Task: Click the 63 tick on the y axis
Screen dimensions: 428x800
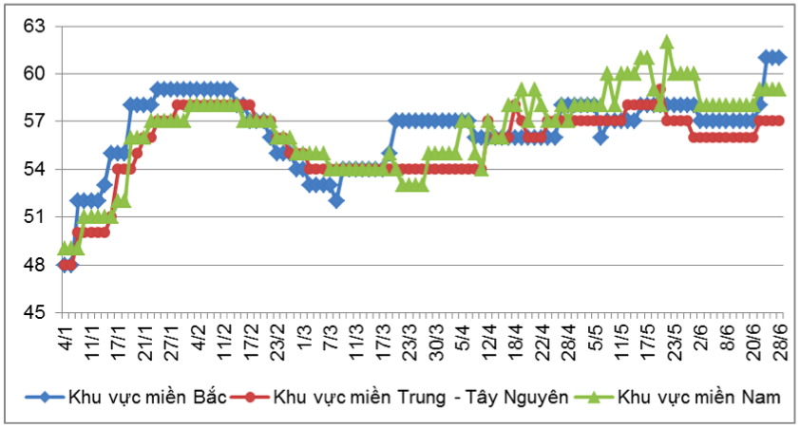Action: tap(34, 26)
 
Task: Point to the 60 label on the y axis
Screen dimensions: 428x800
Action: tap(34, 73)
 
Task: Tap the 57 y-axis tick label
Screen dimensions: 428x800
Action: tap(34, 121)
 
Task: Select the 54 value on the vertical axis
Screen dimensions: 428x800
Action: tap(34, 169)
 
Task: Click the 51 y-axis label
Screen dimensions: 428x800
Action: tap(34, 216)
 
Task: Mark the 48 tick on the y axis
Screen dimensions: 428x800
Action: tap(34, 264)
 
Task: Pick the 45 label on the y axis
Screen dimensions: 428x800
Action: tap(34, 311)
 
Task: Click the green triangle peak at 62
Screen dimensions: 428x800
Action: tap(667, 43)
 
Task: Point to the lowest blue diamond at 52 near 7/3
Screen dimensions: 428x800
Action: tap(337, 200)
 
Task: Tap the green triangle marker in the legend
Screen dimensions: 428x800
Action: tap(597, 397)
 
